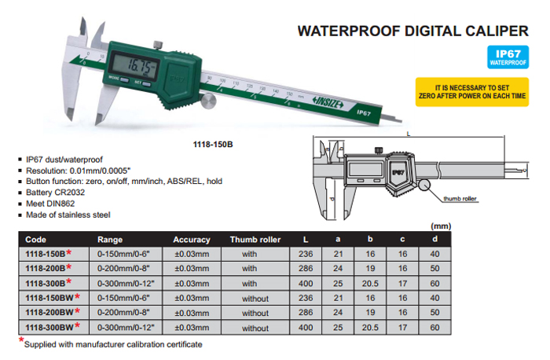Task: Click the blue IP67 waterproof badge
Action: pos(508,57)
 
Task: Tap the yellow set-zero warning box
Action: pos(471,92)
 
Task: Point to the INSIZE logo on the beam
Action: pos(328,102)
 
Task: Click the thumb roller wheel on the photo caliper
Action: pos(208,101)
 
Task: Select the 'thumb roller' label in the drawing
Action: pos(460,199)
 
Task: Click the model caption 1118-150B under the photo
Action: pos(213,144)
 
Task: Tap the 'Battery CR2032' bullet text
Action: pos(55,193)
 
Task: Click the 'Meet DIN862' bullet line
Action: pos(50,204)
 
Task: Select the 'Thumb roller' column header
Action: pos(255,240)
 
